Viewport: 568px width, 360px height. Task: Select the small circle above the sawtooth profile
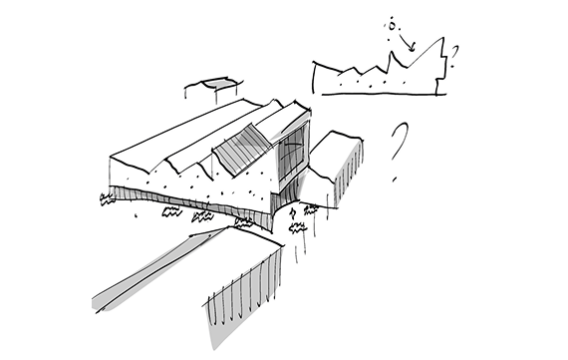click(392, 23)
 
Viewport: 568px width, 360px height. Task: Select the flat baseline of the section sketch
click(379, 95)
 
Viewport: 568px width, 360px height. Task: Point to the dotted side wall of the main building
click(189, 185)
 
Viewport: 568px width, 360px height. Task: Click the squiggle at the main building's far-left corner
click(107, 199)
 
